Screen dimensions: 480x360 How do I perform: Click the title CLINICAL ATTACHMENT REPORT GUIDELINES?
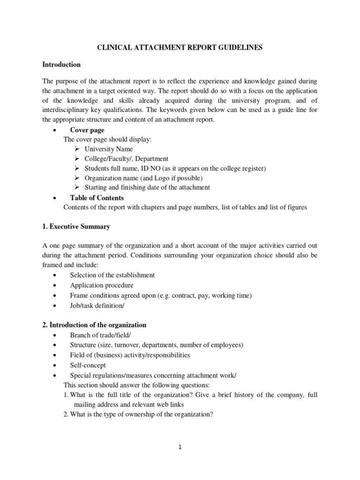coord(180,47)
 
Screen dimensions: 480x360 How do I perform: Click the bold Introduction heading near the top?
coord(61,65)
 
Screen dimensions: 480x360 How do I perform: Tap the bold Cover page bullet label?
coord(87,130)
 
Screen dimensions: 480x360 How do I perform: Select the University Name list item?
coord(109,149)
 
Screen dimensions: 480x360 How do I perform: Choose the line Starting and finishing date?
coord(147,187)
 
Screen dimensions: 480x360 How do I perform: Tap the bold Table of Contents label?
coord(97,197)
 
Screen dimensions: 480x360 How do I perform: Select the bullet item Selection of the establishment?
coord(112,275)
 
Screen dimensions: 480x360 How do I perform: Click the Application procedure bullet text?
coord(102,285)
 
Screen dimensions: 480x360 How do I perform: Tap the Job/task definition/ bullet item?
coord(97,305)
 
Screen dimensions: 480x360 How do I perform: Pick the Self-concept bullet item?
coord(88,365)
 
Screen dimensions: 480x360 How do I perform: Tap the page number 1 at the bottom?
coord(180,447)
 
